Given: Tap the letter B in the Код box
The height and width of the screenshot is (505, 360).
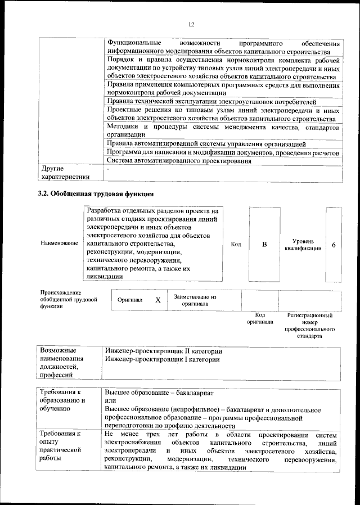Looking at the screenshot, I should point(264,245).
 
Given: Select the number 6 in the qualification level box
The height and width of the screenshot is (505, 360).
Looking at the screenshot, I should point(334,245).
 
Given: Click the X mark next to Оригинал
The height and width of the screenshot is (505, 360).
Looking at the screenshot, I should point(157,300).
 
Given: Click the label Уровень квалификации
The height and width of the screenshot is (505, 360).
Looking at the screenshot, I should point(303,244).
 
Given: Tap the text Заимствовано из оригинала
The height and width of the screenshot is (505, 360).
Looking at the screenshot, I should point(195,300).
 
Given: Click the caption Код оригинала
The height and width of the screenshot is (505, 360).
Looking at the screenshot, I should point(259,319).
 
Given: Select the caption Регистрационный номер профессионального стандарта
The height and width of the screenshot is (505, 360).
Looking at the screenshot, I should point(309,326).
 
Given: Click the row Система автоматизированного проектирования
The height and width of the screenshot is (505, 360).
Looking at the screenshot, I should point(178,161).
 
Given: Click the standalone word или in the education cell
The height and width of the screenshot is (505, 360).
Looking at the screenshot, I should point(110,400).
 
